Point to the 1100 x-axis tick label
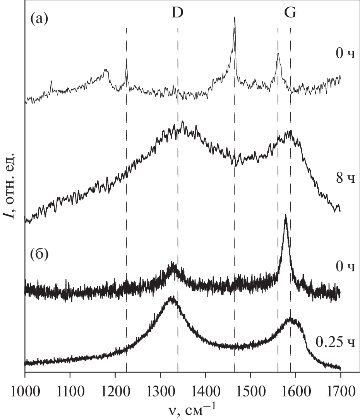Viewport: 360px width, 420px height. [x=70, y=389]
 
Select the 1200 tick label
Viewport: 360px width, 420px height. [x=115, y=389]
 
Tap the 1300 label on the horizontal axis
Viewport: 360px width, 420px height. [x=160, y=389]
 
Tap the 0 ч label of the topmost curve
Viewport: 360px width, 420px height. [x=345, y=54]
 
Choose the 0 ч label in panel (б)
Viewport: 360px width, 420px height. [x=345, y=267]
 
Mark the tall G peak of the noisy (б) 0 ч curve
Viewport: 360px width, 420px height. [x=285, y=215]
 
